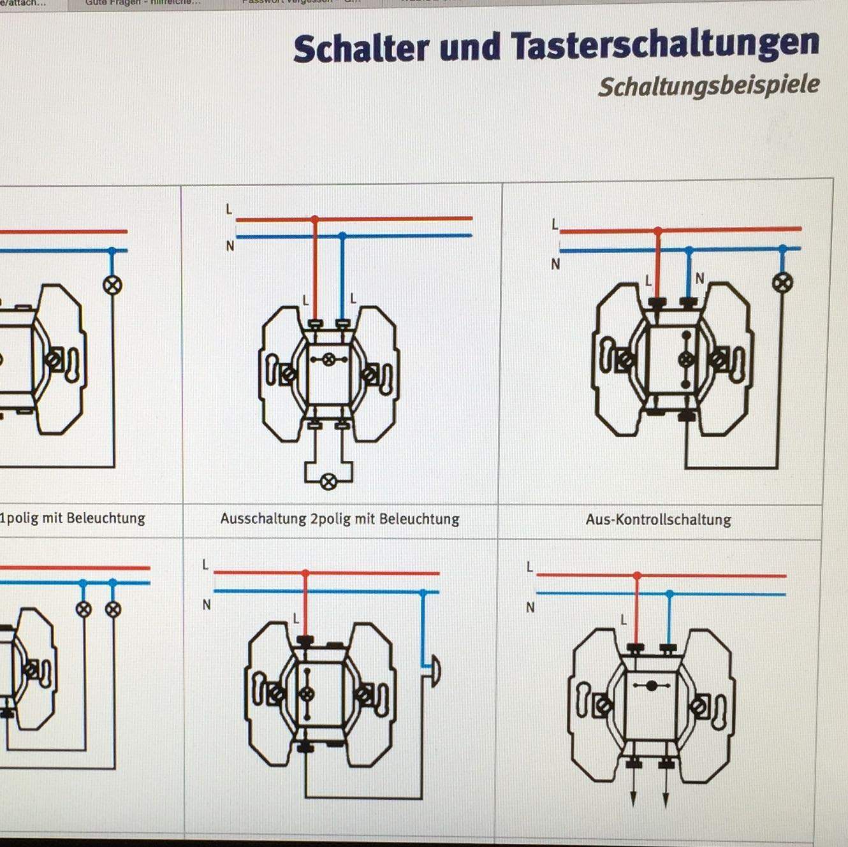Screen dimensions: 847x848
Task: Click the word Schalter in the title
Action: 361,48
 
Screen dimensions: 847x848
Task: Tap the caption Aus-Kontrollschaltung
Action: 658,519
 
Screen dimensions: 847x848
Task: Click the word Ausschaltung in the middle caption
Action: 263,519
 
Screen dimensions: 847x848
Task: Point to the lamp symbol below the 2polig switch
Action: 328,482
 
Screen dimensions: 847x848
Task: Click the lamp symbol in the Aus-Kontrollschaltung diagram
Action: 782,282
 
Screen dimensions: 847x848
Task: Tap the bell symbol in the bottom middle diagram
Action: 434,671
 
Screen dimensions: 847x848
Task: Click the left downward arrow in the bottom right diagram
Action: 634,799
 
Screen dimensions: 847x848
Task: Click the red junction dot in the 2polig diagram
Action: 314,219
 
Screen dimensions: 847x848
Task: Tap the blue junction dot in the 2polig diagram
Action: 342,236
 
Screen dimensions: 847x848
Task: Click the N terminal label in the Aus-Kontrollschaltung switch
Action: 699,279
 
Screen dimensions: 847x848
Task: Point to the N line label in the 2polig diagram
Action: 230,246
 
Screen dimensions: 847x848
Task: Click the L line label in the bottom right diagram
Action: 529,567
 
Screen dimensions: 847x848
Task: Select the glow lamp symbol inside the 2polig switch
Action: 328,360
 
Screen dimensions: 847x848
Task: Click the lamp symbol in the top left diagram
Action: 112,285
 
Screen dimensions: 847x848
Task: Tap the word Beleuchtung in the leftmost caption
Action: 106,518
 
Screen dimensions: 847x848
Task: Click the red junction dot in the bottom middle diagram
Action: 305,574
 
